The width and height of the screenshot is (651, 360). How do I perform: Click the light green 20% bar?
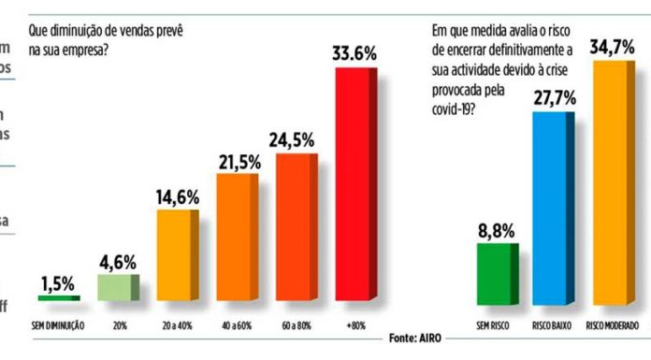pyautogui.click(x=117, y=287)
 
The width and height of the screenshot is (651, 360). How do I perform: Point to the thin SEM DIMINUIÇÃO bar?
pyautogui.click(x=57, y=297)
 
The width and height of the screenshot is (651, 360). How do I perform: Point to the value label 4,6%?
pyautogui.click(x=117, y=259)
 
